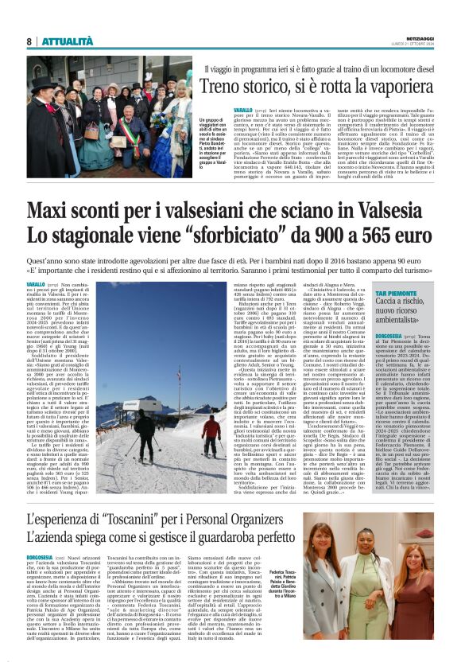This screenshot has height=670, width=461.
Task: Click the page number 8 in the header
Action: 29,41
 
